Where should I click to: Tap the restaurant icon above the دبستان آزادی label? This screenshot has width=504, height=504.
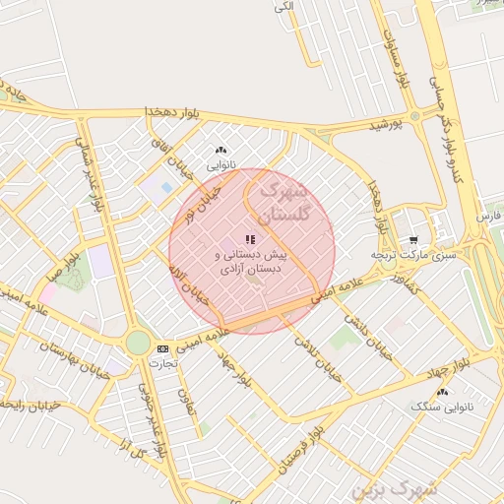point(250,239)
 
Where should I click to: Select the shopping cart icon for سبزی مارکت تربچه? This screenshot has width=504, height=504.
point(412,239)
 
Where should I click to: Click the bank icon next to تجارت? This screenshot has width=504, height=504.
point(162,347)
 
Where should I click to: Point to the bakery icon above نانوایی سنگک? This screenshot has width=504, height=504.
point(442,390)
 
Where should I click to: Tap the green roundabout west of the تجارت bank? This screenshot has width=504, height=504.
point(137,343)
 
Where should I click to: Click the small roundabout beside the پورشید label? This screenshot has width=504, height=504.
point(415,116)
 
